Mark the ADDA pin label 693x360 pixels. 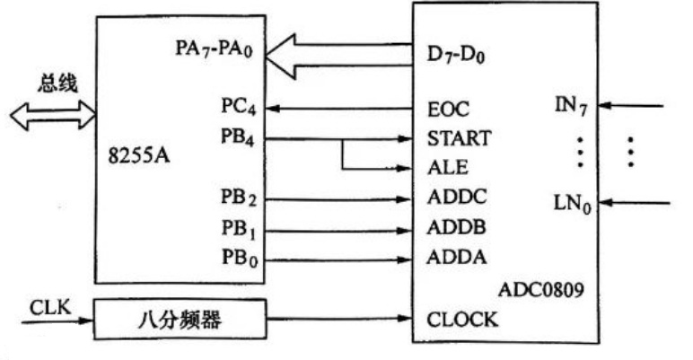[x=452, y=259]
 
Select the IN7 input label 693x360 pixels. [x=571, y=109]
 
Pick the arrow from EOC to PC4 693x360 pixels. [x=341, y=110]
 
